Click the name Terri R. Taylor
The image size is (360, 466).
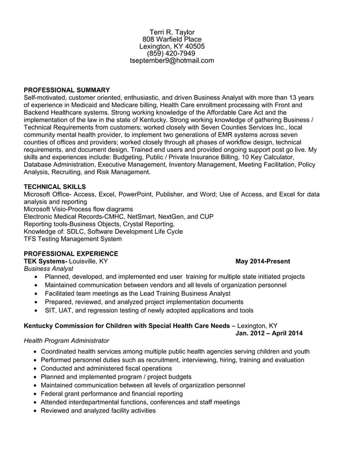172,32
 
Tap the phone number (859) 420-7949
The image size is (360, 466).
172,54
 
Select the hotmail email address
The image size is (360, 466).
172,61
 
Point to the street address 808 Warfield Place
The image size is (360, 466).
172,39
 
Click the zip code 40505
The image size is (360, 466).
194,46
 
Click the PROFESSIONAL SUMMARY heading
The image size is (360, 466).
67,90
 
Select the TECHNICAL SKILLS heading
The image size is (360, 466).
55,186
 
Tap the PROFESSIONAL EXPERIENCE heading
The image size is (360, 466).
71,253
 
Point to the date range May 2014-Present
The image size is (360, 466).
262,261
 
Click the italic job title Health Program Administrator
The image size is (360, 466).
67,341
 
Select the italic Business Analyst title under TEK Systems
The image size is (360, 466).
49,269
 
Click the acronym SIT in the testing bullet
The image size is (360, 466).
51,310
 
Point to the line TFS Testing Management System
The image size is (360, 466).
72,239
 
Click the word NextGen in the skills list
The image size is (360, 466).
158,216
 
